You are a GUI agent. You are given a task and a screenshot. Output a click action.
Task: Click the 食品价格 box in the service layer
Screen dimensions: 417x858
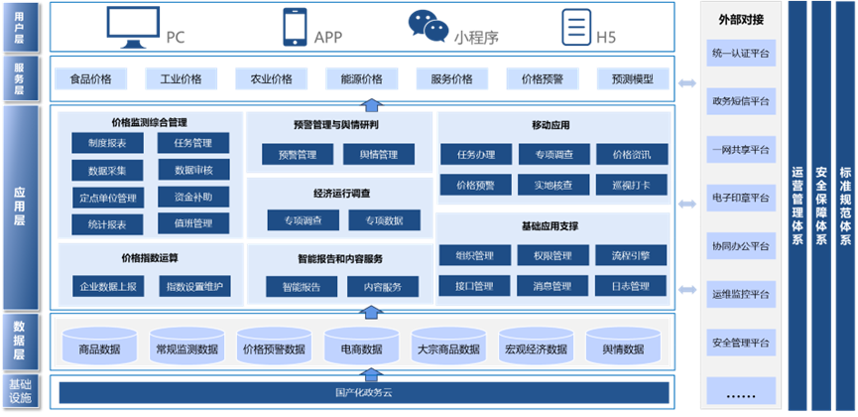91,79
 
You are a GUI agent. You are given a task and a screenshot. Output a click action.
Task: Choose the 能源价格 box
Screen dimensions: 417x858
361,79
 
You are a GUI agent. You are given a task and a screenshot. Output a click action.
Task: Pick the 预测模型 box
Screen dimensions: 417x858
632,79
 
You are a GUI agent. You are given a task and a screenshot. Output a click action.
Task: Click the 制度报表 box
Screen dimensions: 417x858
107,144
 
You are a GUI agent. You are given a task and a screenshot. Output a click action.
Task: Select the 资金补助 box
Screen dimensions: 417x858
192,197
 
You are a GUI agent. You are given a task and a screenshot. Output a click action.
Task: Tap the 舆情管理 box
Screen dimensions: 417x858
380,155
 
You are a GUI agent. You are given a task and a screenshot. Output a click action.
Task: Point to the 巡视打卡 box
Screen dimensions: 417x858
631,185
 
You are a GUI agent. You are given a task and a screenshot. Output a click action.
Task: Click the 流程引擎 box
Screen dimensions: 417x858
631,256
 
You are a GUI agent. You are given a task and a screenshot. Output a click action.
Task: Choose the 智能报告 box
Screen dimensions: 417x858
301,287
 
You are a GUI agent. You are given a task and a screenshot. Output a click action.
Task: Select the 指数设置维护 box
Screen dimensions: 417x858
193,287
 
